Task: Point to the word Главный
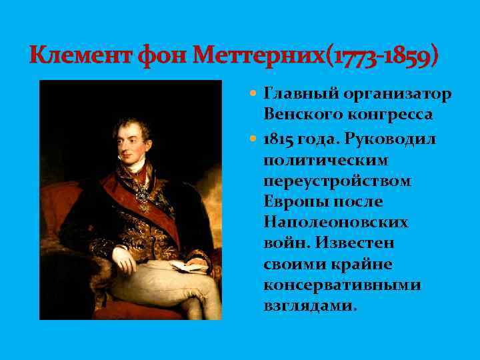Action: click(x=299, y=93)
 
